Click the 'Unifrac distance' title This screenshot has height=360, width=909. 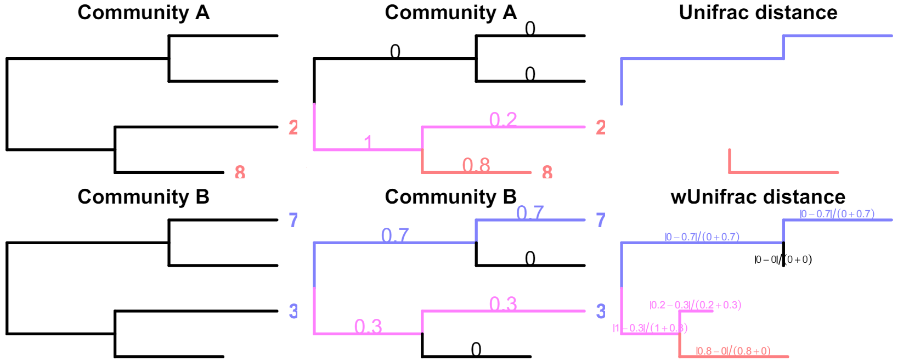pos(758,13)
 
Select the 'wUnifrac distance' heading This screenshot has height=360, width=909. pos(758,196)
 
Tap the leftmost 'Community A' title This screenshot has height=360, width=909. pos(143,13)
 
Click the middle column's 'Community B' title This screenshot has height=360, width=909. pos(450,196)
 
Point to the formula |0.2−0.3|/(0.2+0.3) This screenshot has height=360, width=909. pos(695,305)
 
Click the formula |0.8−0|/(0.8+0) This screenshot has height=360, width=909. pos(733,351)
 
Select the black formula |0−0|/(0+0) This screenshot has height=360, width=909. pos(783,260)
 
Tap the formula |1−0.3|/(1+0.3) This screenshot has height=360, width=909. pos(650,328)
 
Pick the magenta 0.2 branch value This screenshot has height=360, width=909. pos(503,119)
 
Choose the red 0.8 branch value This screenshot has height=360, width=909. pos(476,165)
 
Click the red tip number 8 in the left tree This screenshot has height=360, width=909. pos(240,172)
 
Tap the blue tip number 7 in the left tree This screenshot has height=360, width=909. pos(293,220)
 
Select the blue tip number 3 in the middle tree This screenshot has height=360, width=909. pos(601,311)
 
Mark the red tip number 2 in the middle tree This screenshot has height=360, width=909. pos(601,127)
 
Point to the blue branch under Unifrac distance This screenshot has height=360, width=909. pos(702,58)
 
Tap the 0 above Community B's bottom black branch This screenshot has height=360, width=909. pos(476,349)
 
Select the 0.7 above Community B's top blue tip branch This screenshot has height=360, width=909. pos(530,212)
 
